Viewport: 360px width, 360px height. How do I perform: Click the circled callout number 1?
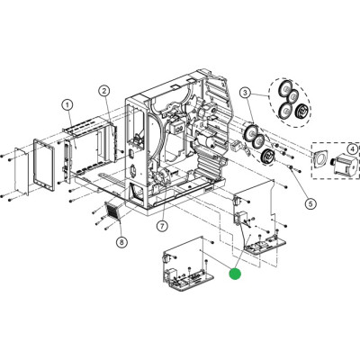tap(67, 105)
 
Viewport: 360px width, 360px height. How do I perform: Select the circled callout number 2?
tap(104, 91)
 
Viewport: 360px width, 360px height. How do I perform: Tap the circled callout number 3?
tap(246, 93)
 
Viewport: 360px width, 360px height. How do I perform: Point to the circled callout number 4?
tap(353, 148)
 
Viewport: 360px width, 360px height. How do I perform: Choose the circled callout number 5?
tap(310, 203)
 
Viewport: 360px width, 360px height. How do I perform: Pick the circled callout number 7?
tap(162, 226)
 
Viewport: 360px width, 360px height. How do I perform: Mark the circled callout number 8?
tap(121, 242)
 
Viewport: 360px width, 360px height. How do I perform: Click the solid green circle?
tap(235, 274)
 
